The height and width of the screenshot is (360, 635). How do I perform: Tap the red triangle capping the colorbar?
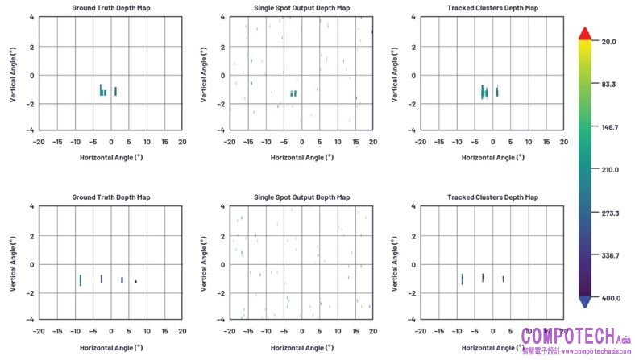[x=586, y=32]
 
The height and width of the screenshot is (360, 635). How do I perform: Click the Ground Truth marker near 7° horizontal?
[x=135, y=282]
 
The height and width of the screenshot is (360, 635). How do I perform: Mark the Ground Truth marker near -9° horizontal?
[x=80, y=279]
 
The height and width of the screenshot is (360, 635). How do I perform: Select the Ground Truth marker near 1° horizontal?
[x=115, y=91]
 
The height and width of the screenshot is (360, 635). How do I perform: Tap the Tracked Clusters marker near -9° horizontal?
[x=462, y=279]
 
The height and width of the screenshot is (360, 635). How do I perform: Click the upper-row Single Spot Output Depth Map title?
[x=301, y=8]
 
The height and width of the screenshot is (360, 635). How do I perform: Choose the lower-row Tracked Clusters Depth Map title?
[x=490, y=197]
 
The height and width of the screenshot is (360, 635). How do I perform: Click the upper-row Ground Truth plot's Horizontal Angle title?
[x=110, y=157]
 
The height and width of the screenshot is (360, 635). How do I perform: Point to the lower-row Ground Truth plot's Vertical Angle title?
[x=12, y=263]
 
